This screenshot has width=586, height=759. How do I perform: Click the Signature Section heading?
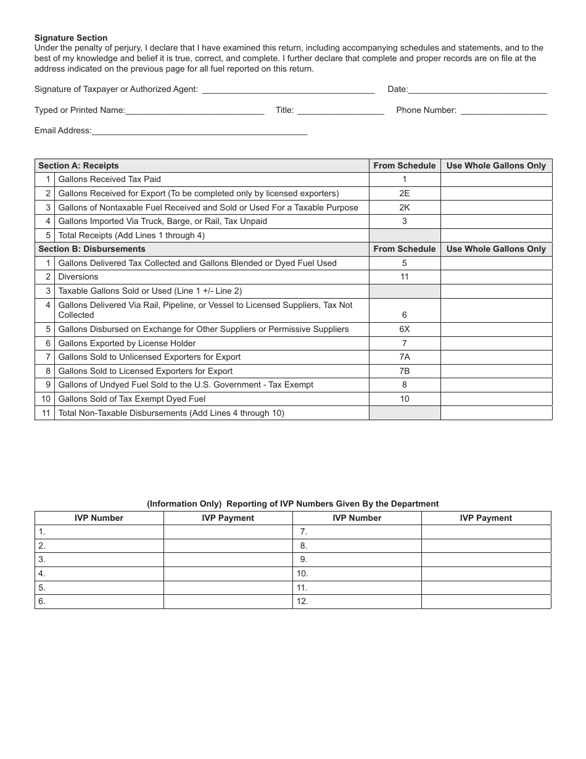click(71, 38)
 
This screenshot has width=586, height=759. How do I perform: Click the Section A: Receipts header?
click(78, 165)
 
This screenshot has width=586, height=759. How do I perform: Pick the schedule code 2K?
click(404, 207)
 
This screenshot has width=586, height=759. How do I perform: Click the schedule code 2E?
click(404, 193)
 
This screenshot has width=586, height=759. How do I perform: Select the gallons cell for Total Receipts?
click(496, 235)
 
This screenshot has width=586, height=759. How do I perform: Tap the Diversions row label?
click(78, 277)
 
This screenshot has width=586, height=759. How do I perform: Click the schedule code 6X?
click(404, 329)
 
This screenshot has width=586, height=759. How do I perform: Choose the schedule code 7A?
click(404, 357)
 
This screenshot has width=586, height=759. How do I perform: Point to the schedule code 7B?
click(404, 371)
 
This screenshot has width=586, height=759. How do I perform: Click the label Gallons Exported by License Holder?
click(126, 343)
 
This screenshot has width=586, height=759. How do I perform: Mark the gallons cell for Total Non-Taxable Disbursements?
click(496, 413)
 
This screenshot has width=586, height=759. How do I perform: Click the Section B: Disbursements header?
click(92, 249)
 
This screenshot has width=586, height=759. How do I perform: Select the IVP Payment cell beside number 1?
click(228, 531)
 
